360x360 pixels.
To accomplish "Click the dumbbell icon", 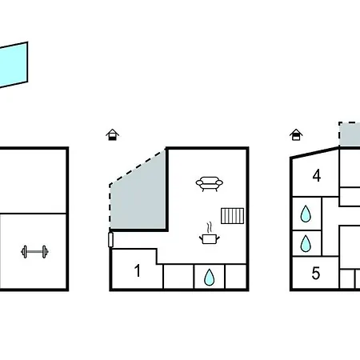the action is [x=34, y=252].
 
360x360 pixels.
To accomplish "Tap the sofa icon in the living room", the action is [x=210, y=184].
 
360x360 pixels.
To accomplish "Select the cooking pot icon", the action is [x=210, y=238].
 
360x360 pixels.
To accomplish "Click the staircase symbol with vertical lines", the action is [x=232, y=216].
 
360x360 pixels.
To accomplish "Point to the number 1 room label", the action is [x=138, y=270].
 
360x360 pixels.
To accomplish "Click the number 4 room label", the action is [x=317, y=176].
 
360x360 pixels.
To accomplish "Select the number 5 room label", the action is [x=316, y=273].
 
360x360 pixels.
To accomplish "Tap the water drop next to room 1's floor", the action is [x=209, y=277].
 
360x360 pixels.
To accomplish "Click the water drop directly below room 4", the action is [x=306, y=214].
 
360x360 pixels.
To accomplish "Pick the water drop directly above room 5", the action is [x=306, y=243].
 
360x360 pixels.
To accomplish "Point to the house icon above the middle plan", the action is [x=112, y=134].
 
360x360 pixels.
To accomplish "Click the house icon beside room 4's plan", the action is [x=296, y=134].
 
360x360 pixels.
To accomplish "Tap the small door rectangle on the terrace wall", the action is [x=110, y=239].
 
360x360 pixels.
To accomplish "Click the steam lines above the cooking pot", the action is [x=210, y=227].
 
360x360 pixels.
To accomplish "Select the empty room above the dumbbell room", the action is [x=33, y=181].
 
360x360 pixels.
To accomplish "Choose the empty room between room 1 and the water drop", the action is [x=178, y=277].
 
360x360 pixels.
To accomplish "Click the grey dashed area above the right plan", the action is [x=350, y=134].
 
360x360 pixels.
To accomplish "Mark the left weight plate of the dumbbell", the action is [x=25, y=252].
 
